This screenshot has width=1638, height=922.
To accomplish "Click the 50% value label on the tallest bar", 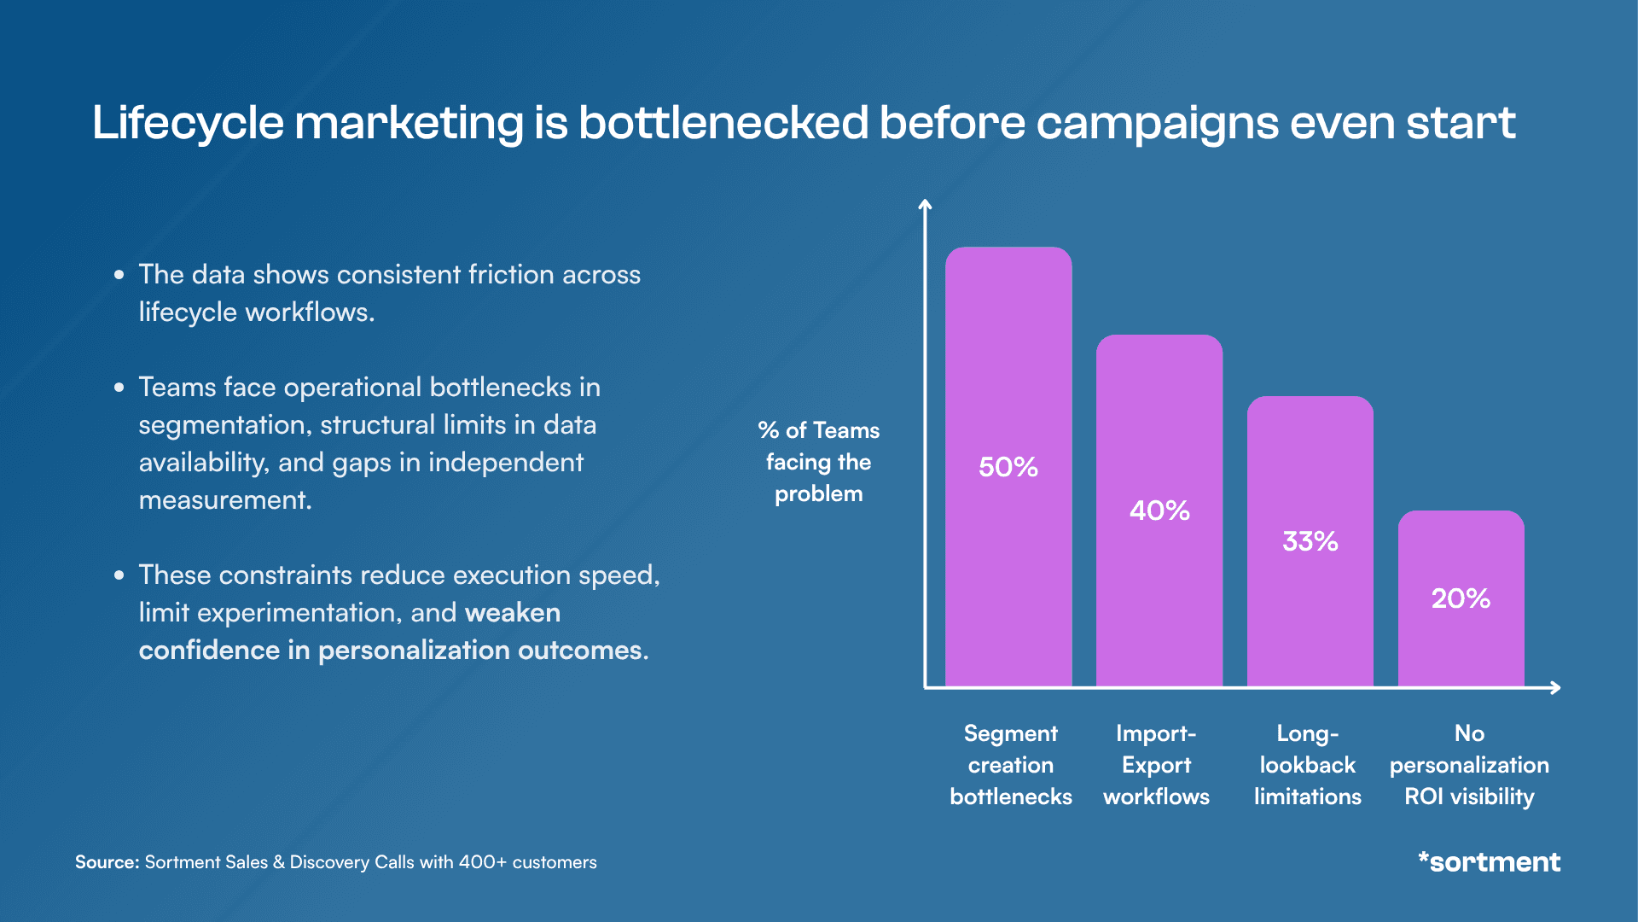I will click(1008, 467).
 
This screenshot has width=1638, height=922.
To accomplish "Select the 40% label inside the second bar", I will click(1159, 511).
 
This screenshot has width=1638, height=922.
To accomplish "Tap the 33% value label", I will click(1310, 541).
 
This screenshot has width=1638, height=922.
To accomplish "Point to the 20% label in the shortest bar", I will click(1461, 598).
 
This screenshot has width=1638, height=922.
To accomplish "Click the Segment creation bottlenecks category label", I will click(1010, 765).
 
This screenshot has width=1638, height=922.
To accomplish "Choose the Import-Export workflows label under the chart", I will click(1156, 765).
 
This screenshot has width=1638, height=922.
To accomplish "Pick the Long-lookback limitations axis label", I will click(1307, 765).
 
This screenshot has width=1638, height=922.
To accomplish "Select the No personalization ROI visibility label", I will click(1469, 765).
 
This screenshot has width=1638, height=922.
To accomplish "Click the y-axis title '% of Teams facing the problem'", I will click(818, 462).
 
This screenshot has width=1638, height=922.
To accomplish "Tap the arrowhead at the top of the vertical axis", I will click(925, 204).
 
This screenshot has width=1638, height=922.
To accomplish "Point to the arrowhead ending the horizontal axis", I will click(1556, 687).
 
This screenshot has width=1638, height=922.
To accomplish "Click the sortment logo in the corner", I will click(1489, 861).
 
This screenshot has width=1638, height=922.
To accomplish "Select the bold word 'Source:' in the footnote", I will click(107, 862).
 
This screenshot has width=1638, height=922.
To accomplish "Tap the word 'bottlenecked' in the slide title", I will click(723, 122).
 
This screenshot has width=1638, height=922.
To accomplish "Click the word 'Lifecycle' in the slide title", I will click(188, 124).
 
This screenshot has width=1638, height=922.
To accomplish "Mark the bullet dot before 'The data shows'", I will click(119, 275).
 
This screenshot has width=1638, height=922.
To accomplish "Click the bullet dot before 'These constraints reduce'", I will click(119, 575).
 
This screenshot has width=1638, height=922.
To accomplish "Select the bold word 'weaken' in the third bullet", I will click(513, 613).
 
